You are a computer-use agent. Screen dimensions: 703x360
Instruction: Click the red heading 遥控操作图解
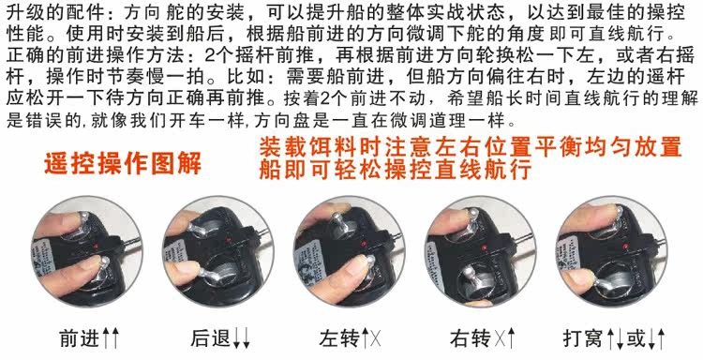pos(123,163)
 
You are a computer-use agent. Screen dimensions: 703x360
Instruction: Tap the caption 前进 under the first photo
pos(80,338)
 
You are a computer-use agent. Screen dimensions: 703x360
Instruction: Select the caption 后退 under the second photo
pos(211,338)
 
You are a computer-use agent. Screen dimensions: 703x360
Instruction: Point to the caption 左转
pos(339,338)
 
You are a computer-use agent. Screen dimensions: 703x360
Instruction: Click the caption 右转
pos(471,338)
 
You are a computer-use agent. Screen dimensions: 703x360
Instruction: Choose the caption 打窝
pos(583,338)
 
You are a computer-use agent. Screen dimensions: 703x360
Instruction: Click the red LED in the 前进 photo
pos(97,247)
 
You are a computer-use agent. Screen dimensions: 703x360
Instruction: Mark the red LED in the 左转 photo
pos(364,245)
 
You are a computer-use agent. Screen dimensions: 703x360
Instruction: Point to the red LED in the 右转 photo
pos(485,247)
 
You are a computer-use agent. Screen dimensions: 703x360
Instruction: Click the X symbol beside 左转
pos(376,339)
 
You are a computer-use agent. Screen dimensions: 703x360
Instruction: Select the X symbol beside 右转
pos(498,339)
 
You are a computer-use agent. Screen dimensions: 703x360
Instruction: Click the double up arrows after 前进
pos(111,338)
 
